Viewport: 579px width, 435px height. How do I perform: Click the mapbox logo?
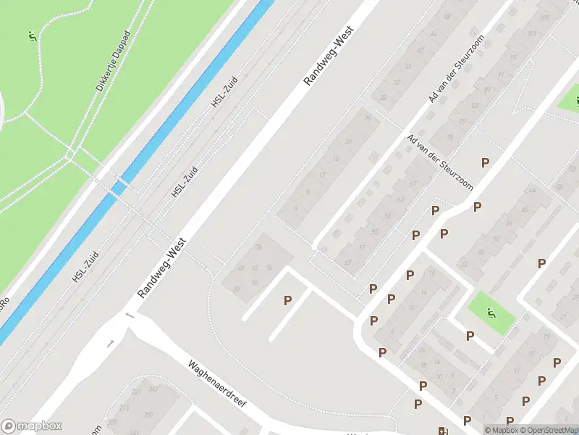tap(31, 426)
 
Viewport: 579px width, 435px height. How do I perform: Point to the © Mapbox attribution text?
tap(502, 430)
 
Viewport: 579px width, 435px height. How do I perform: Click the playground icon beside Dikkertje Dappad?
tap(31, 36)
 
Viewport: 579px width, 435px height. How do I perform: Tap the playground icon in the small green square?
tap(491, 314)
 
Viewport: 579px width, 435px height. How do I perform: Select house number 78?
tap(258, 248)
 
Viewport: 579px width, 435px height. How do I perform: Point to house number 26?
tap(367, 118)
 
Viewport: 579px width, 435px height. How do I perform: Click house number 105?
tap(544, 18)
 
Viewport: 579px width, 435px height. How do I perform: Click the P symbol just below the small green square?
tap(470, 336)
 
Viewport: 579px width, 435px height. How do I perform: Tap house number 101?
tap(532, 34)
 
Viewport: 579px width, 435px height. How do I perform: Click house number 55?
tap(374, 232)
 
